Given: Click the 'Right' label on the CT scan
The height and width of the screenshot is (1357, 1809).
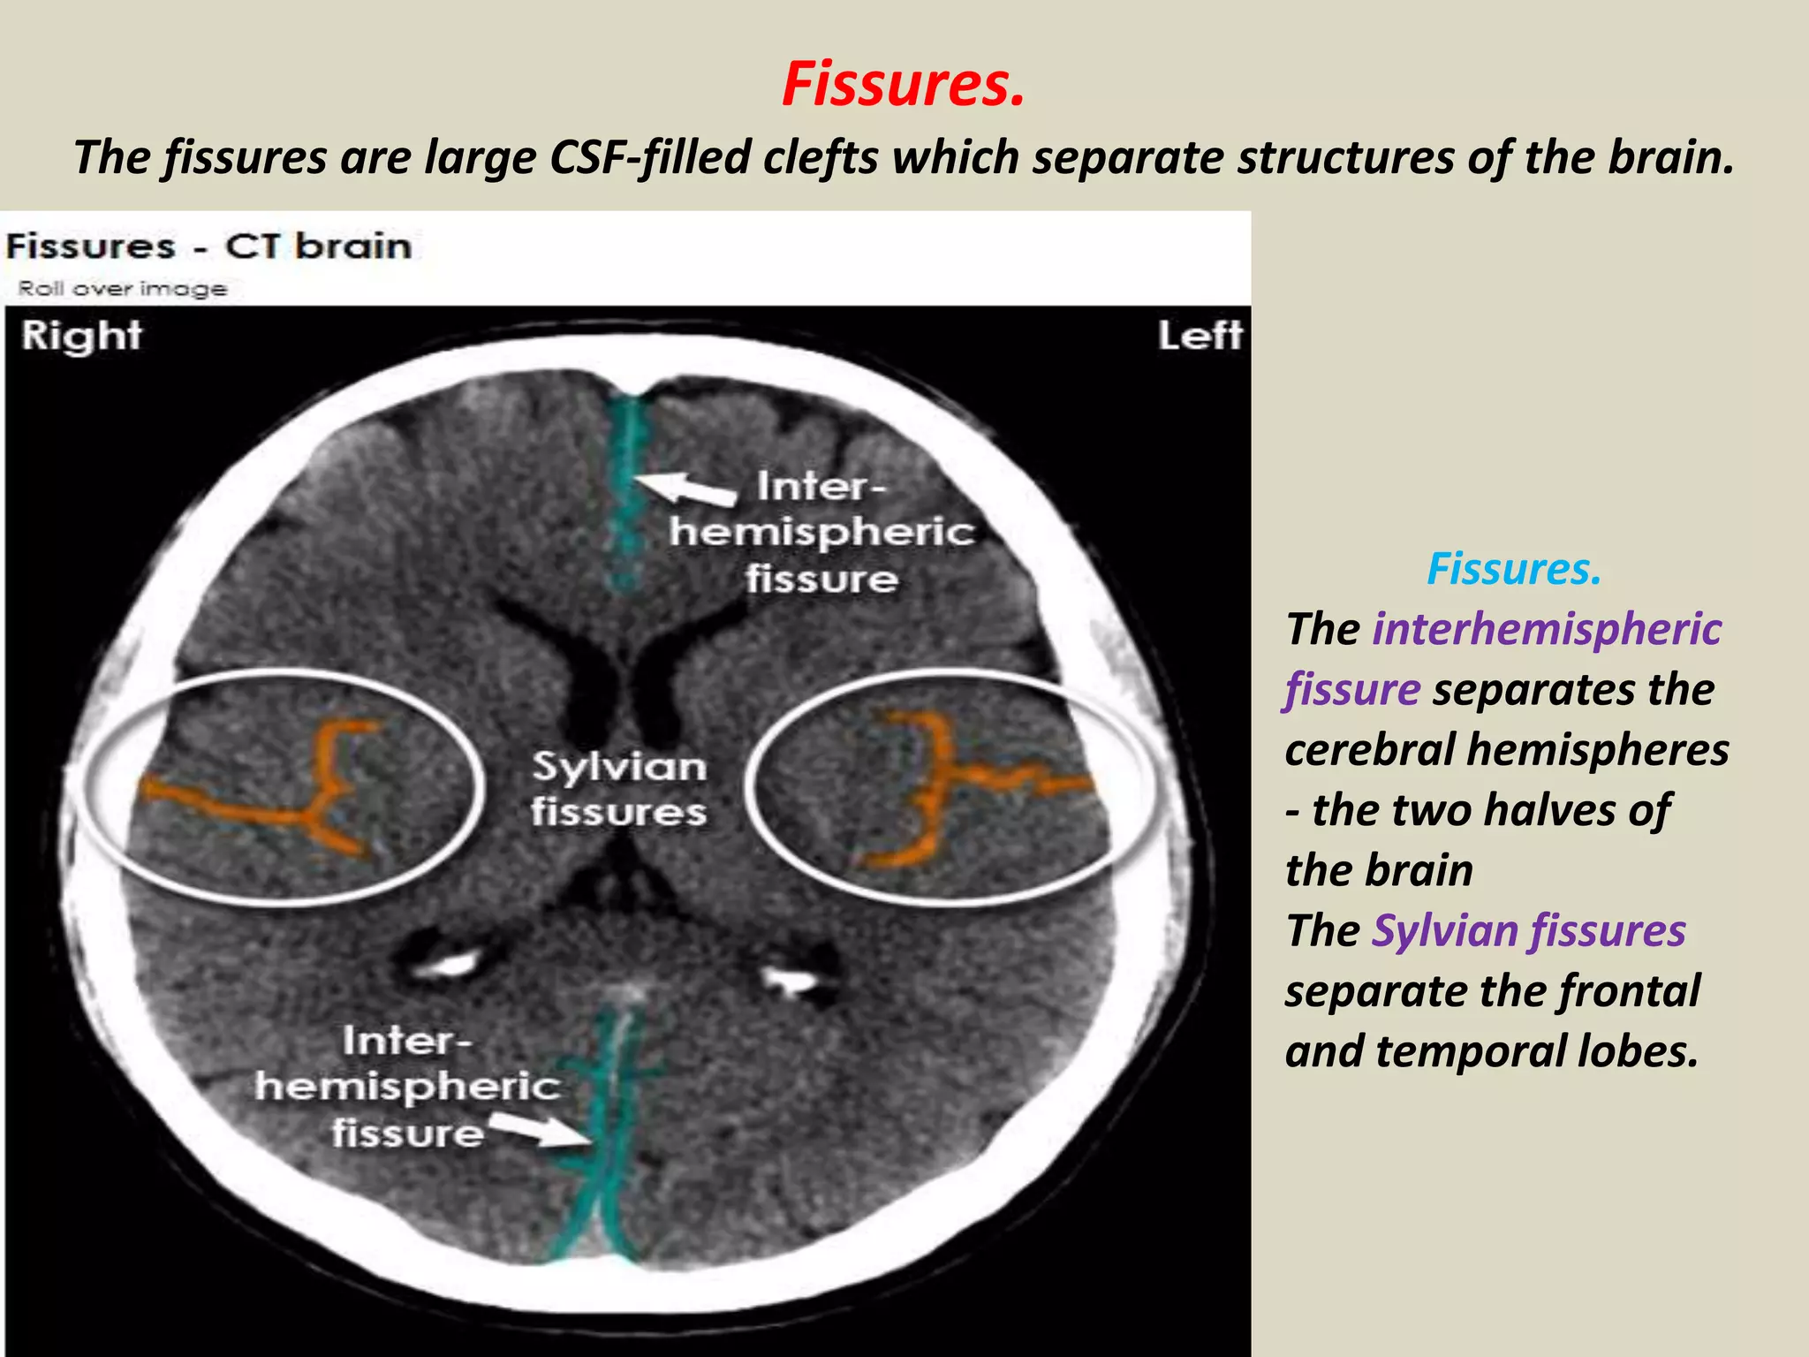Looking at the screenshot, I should tap(81, 337).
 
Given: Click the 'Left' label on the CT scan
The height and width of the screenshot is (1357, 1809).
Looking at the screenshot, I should tap(1200, 337).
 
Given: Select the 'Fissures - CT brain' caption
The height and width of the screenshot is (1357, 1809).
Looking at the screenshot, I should tap(208, 246).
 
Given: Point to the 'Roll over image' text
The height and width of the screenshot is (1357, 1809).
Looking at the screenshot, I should tap(122, 289).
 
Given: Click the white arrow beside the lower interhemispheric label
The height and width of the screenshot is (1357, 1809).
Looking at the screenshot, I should tap(534, 1130).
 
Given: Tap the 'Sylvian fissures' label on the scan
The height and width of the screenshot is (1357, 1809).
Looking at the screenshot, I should tap(618, 788).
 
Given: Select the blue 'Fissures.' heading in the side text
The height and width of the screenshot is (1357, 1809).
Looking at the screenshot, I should tap(1514, 568).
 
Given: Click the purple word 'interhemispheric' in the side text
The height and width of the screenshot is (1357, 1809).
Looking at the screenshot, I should tap(1547, 629).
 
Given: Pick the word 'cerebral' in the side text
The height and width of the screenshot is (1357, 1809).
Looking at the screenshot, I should tap(1369, 750).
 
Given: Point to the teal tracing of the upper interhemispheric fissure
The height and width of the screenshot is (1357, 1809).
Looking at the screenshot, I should tap(627, 495).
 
